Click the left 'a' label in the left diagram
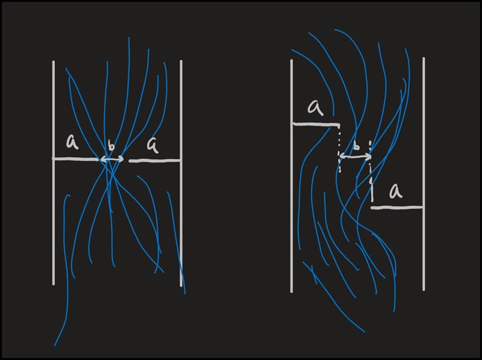72,142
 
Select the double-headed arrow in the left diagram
111,160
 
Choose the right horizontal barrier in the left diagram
155,161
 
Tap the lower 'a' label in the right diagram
396,191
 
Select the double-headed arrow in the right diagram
356,157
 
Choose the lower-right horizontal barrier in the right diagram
396,208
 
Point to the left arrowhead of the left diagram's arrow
102,160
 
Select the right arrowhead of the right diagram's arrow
368,157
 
